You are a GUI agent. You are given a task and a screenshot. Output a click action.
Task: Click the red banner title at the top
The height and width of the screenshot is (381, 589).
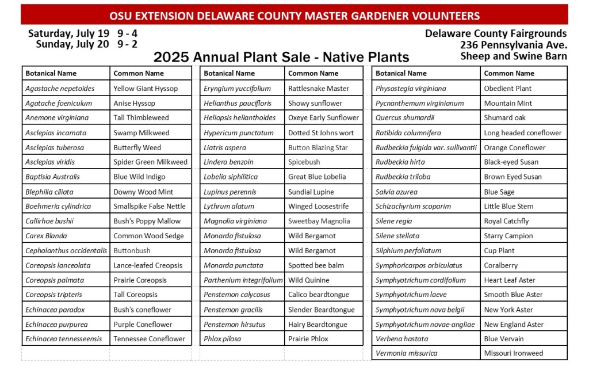pos(294,16)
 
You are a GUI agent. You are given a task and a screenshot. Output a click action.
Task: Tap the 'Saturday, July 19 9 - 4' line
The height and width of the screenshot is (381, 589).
pos(82,33)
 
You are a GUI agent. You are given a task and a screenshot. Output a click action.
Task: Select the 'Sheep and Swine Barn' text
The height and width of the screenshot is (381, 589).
pos(513,56)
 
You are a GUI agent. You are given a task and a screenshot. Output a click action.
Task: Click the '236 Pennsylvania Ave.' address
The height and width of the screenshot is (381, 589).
pos(513,45)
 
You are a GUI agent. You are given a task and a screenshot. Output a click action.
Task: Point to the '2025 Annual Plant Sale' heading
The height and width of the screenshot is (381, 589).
pos(281,57)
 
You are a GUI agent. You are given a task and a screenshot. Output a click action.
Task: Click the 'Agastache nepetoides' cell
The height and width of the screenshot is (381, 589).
pos(60,89)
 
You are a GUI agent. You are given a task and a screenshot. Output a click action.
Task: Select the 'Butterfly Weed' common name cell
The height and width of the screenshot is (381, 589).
pos(137,147)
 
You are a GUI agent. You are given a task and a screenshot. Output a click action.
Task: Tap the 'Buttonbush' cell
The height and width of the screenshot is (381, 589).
pos(132,250)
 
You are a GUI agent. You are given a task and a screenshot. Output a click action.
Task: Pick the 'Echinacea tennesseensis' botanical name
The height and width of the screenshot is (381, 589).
pos(64,338)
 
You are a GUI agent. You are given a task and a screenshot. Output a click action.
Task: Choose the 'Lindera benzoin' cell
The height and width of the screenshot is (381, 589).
pos(228,162)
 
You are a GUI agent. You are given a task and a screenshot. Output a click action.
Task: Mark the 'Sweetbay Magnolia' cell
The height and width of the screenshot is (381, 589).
pos(319,221)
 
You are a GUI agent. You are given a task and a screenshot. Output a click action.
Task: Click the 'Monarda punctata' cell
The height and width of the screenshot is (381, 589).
pos(234,265)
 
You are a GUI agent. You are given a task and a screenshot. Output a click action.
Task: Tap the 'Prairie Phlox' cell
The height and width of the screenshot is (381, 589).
pos(308,338)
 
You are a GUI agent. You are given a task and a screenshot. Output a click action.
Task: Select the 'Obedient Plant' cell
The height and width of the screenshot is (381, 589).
pos(507,89)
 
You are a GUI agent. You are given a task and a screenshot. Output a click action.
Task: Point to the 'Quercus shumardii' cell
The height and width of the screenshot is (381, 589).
pos(405,118)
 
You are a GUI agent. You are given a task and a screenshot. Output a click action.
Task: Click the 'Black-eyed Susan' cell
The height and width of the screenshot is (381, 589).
pos(511,162)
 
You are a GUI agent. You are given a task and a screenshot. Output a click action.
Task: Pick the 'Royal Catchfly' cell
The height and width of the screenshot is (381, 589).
pos(506,221)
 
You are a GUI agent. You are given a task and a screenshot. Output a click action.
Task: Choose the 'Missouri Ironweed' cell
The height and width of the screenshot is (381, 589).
pos(513,353)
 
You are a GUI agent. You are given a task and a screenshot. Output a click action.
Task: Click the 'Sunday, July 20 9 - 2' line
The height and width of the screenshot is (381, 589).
pos(86,44)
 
